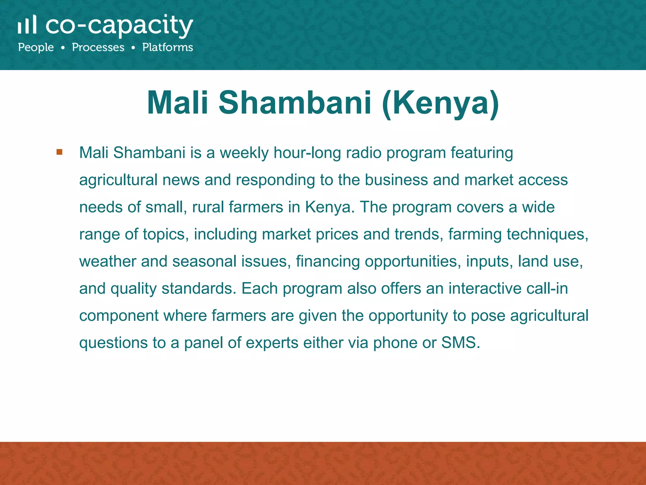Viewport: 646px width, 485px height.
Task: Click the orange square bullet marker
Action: pos(59,152)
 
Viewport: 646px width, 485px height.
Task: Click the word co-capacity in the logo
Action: pos(119,26)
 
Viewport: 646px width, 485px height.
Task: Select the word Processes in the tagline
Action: pos(98,47)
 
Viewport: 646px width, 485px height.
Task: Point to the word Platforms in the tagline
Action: pos(167,47)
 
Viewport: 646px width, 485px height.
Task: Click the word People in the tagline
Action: pos(36,48)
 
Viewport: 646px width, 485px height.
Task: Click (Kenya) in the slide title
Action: pos(440,103)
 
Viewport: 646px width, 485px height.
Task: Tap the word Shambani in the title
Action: pos(295,103)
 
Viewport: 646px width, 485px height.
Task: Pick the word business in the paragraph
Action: pos(396,180)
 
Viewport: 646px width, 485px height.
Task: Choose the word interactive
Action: pos(485,289)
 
